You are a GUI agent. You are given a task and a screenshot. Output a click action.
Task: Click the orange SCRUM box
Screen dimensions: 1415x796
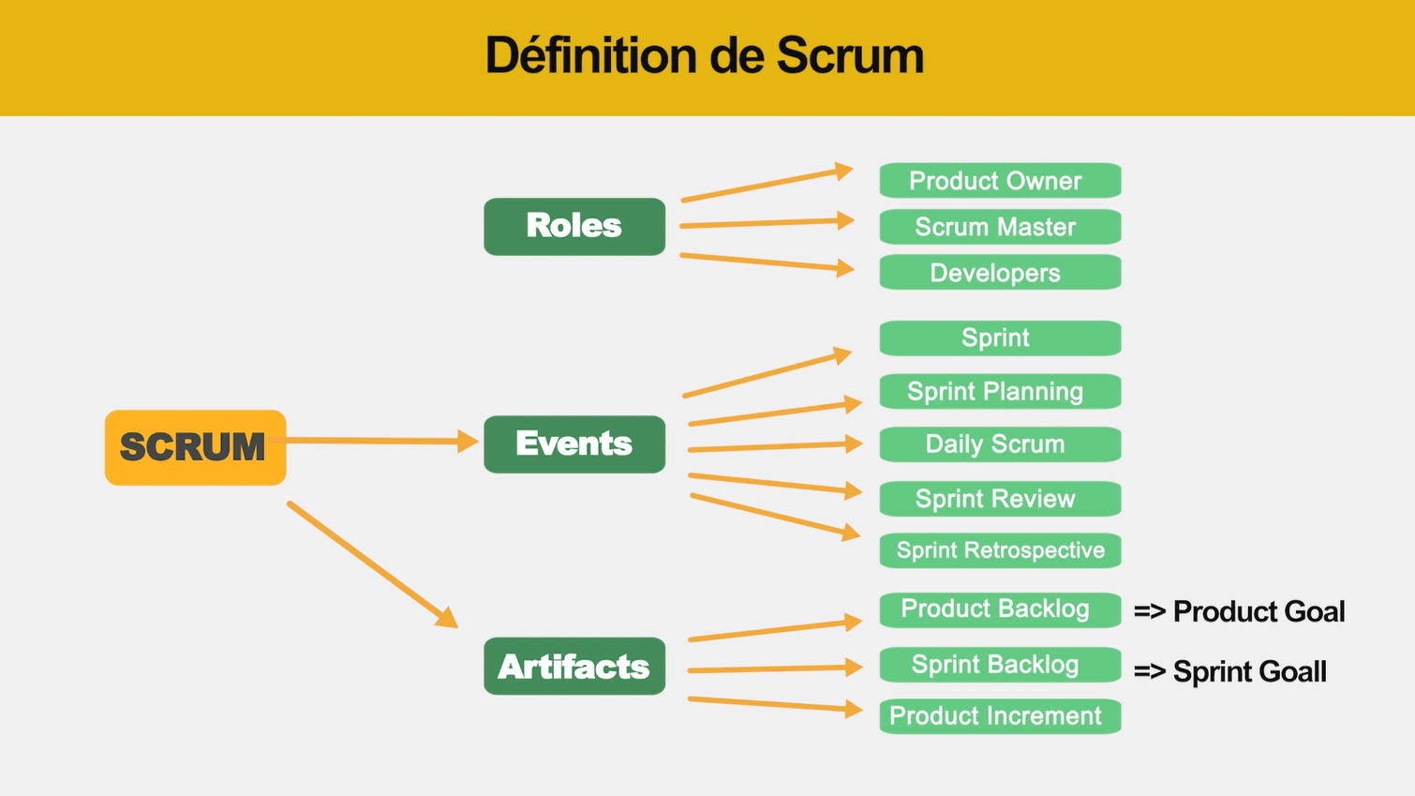point(195,447)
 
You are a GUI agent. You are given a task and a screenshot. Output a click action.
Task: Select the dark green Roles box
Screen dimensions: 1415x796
point(574,226)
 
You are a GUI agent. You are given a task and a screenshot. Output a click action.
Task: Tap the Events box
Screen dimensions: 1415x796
point(574,443)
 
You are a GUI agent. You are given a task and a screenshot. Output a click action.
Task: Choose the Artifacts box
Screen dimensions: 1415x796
point(574,666)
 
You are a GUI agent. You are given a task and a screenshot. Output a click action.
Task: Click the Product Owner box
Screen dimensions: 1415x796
point(1000,180)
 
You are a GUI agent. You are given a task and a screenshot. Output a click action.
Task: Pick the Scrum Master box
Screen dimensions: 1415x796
point(1000,226)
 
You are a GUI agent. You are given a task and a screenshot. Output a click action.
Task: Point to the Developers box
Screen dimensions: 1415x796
point(1000,272)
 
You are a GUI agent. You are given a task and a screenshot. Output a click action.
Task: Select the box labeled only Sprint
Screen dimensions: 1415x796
point(1000,338)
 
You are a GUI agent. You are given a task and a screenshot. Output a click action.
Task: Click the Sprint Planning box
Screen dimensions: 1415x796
point(1000,391)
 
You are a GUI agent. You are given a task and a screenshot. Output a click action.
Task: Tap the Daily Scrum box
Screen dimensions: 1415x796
point(1000,443)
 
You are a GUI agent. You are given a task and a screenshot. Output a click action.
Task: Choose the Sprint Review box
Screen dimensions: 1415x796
point(1000,499)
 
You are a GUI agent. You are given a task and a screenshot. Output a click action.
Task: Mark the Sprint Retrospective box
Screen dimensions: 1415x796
point(1000,550)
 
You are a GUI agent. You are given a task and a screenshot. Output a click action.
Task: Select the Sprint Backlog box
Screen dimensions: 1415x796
point(1000,665)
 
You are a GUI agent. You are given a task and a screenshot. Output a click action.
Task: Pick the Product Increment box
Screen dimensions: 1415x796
point(1000,716)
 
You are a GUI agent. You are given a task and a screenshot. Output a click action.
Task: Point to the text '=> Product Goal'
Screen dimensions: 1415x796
point(1239,611)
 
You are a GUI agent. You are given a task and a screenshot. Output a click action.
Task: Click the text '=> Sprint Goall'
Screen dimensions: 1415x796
point(1229,671)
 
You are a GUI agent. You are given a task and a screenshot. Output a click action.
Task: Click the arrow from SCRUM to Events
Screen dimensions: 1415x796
point(373,441)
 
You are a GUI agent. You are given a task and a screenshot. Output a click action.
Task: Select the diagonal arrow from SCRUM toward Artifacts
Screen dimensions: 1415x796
point(373,564)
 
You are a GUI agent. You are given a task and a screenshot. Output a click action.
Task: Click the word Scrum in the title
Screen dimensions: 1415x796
point(850,55)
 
